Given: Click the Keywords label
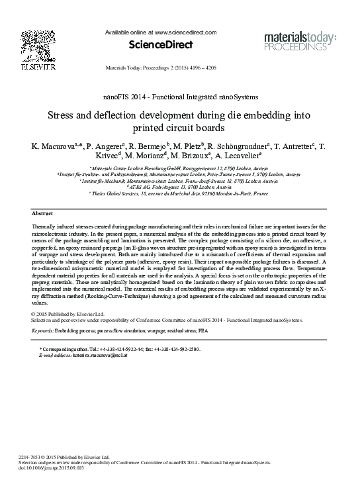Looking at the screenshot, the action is [x=43, y=329].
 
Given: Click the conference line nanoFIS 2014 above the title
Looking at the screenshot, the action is [x=181, y=97].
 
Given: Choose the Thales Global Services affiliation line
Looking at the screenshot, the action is [x=180, y=193].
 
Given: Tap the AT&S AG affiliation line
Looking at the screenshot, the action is [x=180, y=187].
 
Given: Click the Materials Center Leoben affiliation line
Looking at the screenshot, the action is [x=180, y=170].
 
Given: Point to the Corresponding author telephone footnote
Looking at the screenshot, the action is [x=119, y=348].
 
